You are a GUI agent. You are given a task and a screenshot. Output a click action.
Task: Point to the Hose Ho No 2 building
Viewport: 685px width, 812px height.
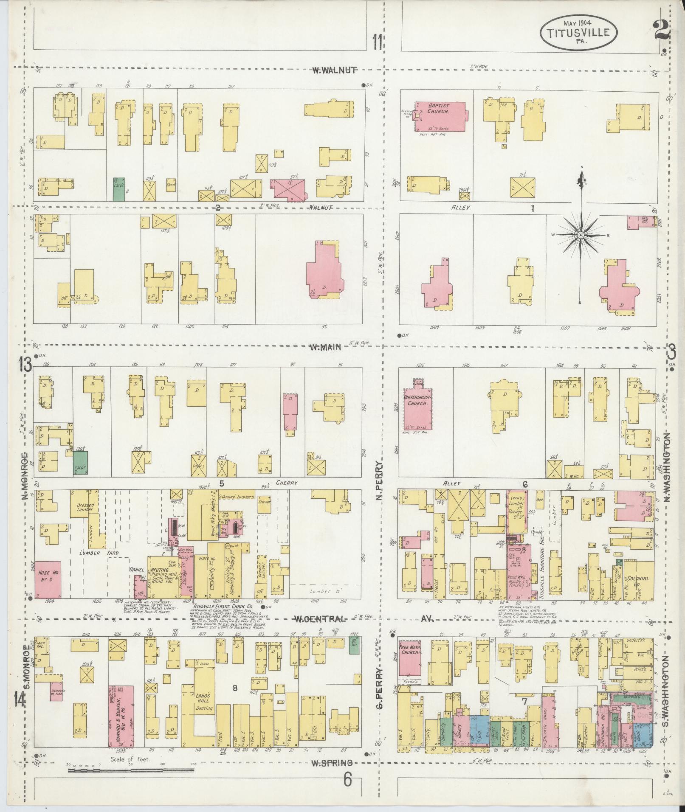(x=48, y=579)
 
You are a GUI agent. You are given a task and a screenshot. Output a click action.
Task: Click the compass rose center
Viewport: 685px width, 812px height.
(x=580, y=234)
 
